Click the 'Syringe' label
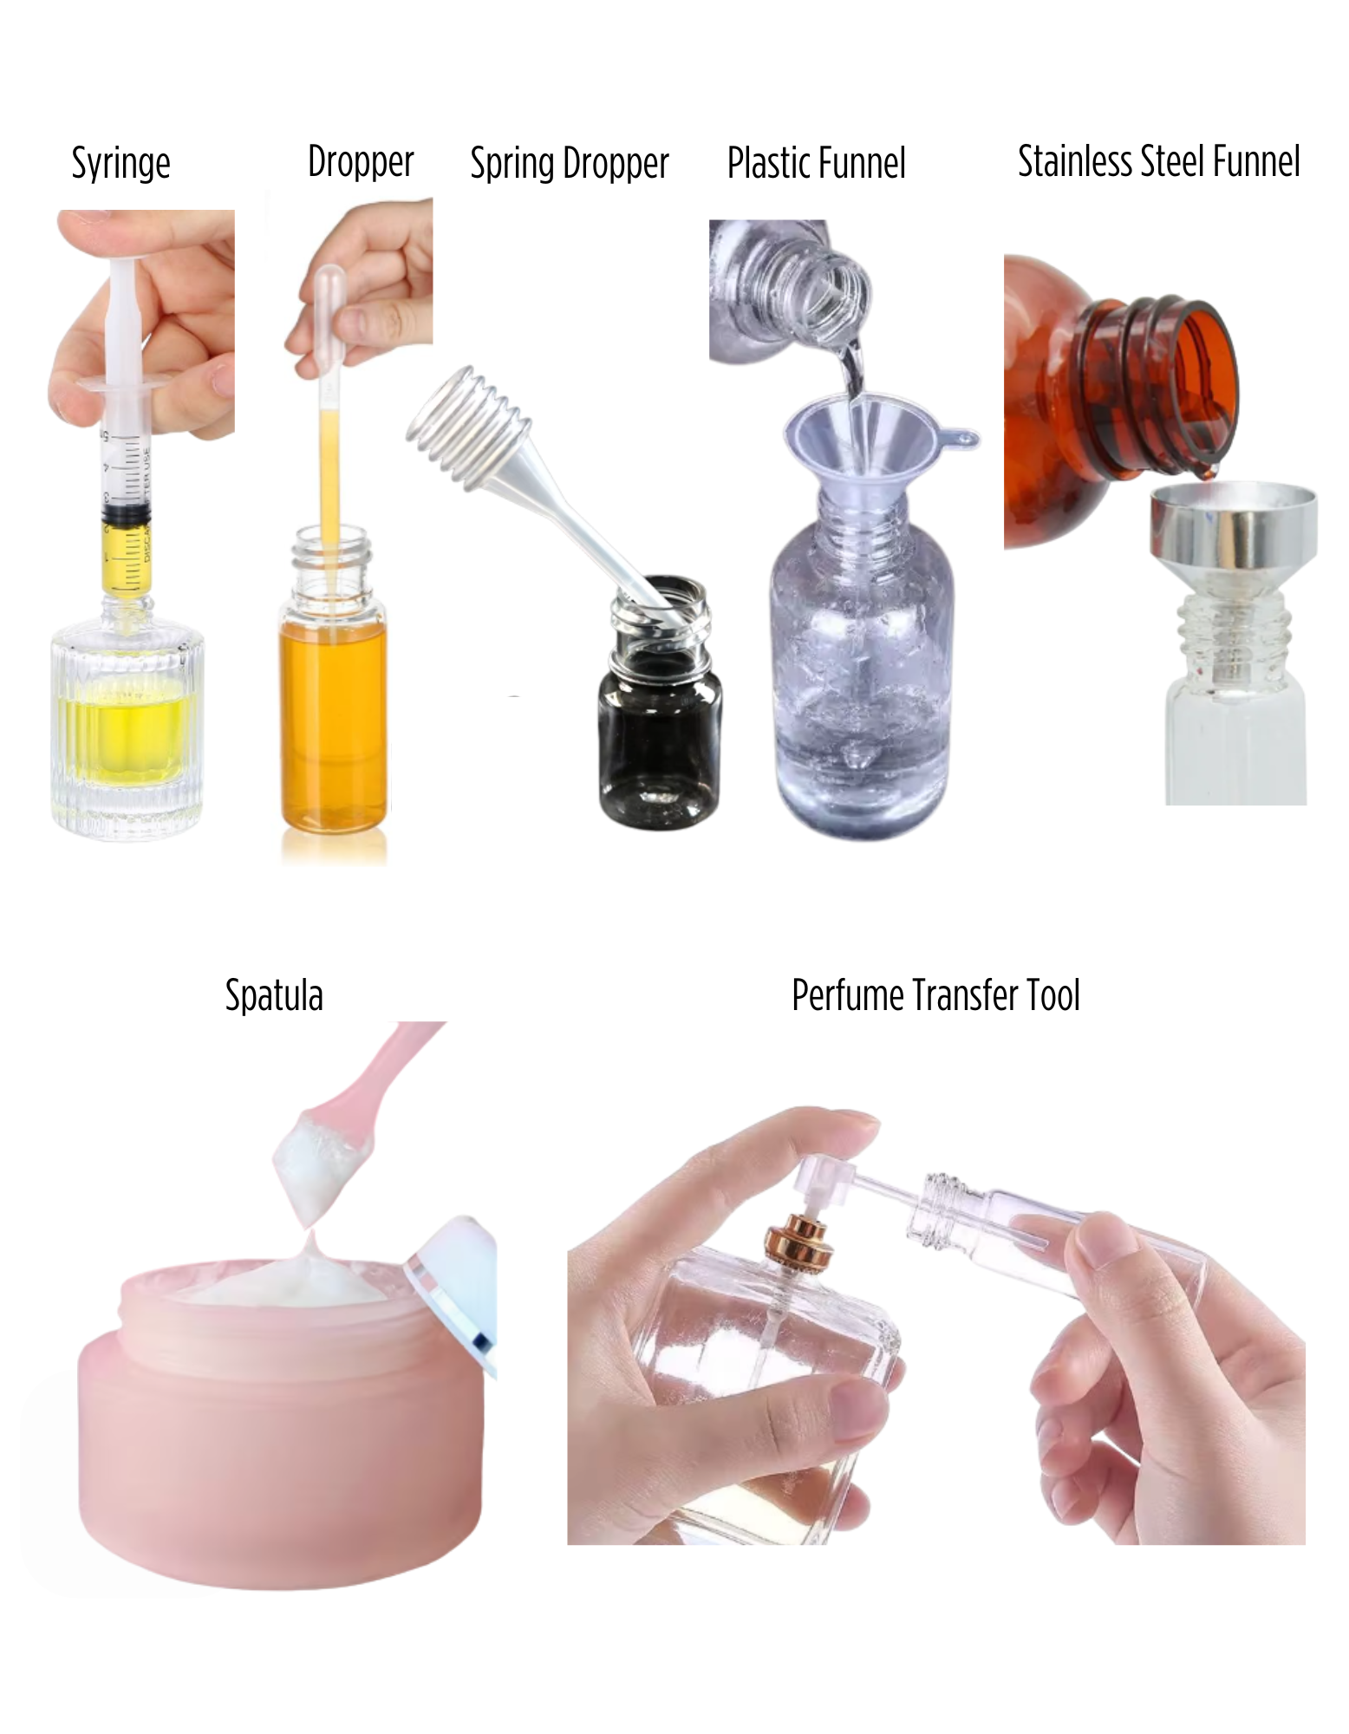(x=121, y=164)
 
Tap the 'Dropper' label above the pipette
(x=361, y=162)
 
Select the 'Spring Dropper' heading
(x=570, y=164)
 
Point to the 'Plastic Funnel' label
(x=816, y=163)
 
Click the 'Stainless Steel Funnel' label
(x=1158, y=162)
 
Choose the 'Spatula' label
(x=274, y=995)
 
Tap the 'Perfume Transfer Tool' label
(x=935, y=995)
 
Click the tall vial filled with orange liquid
(x=333, y=694)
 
